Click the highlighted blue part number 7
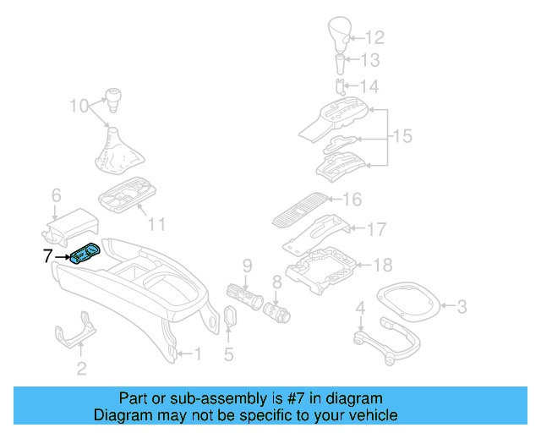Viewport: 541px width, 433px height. [x=85, y=254]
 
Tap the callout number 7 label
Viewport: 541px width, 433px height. [x=48, y=255]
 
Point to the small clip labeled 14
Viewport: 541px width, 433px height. [x=339, y=85]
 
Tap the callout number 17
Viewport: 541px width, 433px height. [x=377, y=228]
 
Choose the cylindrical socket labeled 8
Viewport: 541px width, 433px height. [x=276, y=310]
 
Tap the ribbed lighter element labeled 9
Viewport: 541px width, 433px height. [x=245, y=295]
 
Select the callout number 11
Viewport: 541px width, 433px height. [x=157, y=224]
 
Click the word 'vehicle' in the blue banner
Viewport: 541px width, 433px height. [x=369, y=415]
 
